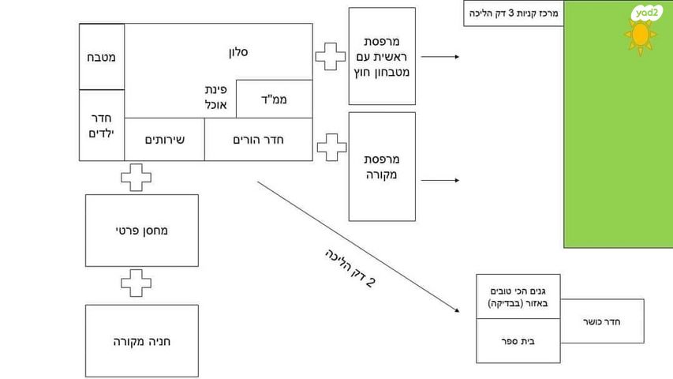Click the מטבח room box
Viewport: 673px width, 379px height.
[x=102, y=57]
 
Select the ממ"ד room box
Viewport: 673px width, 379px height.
[x=274, y=99]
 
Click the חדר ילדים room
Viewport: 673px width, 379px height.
[x=102, y=125]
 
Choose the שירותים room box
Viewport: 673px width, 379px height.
[x=164, y=140]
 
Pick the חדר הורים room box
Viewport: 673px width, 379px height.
[x=258, y=140]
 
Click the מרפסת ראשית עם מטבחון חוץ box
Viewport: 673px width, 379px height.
[x=382, y=56]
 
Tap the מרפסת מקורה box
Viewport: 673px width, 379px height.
[x=382, y=166]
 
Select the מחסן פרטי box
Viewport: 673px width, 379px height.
[x=142, y=231]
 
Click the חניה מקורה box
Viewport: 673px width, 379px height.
[x=142, y=341]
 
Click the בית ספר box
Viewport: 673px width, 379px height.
[x=518, y=342]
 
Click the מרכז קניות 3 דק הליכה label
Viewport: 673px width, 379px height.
[x=514, y=13]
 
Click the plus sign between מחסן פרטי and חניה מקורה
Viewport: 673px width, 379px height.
[x=136, y=284]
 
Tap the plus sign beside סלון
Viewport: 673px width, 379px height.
[x=331, y=57]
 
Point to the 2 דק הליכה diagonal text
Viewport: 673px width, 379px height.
[x=349, y=268]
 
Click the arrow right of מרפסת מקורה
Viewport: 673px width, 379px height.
[x=439, y=180]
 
